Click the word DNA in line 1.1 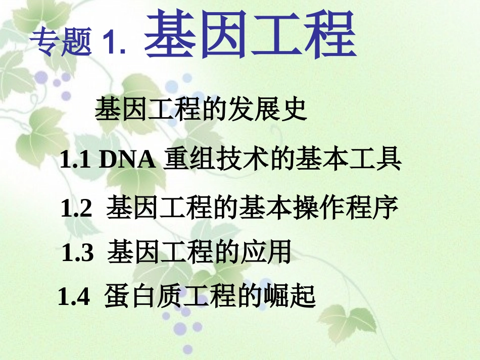[126, 161]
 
